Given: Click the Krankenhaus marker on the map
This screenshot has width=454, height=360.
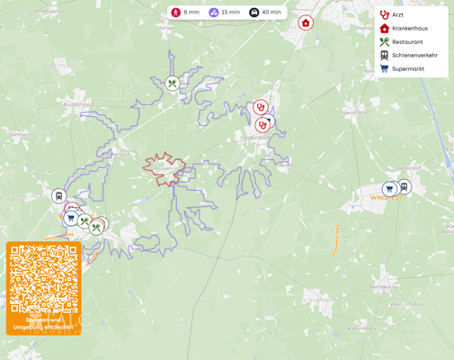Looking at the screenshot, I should point(306,22).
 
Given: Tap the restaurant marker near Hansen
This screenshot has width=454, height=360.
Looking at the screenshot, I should point(173,84).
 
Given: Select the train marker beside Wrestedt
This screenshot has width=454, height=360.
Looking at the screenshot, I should point(404,186).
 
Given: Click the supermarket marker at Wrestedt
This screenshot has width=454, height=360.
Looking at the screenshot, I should point(389,190).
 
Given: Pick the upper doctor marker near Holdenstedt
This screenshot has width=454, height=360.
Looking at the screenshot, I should point(260,107).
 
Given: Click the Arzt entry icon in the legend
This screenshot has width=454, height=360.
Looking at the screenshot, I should point(385,14).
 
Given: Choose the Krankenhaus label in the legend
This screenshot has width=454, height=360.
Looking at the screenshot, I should point(410,28).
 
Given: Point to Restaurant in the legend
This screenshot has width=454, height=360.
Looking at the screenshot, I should point(407,41).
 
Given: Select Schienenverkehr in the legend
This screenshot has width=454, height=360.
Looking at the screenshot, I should point(414,55).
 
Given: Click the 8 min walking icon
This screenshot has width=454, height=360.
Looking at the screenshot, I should point(176,13).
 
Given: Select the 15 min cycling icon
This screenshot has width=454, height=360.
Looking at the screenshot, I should point(214,13).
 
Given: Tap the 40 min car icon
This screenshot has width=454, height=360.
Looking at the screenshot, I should point(254,13).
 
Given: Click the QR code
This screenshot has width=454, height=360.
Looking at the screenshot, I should point(43,278).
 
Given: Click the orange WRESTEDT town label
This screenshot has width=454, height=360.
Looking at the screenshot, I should point(387,198).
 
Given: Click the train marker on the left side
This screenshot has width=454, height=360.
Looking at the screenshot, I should point(59,196).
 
